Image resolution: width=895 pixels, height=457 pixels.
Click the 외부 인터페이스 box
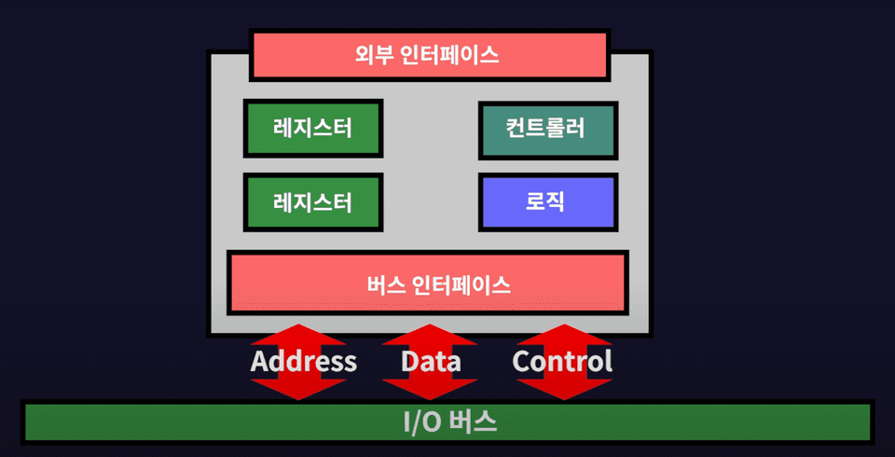429,55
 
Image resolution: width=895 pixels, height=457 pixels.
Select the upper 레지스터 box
312,129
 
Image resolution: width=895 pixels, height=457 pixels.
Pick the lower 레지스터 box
312,201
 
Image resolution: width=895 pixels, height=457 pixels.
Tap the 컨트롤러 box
547,129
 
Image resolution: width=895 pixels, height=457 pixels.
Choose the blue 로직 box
547,201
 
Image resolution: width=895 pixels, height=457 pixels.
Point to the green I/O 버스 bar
447,422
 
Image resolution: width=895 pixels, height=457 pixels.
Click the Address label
303,361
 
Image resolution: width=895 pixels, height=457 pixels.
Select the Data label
431,361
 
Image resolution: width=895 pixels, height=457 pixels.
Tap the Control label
562,361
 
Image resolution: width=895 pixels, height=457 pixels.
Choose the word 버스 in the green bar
474,422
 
